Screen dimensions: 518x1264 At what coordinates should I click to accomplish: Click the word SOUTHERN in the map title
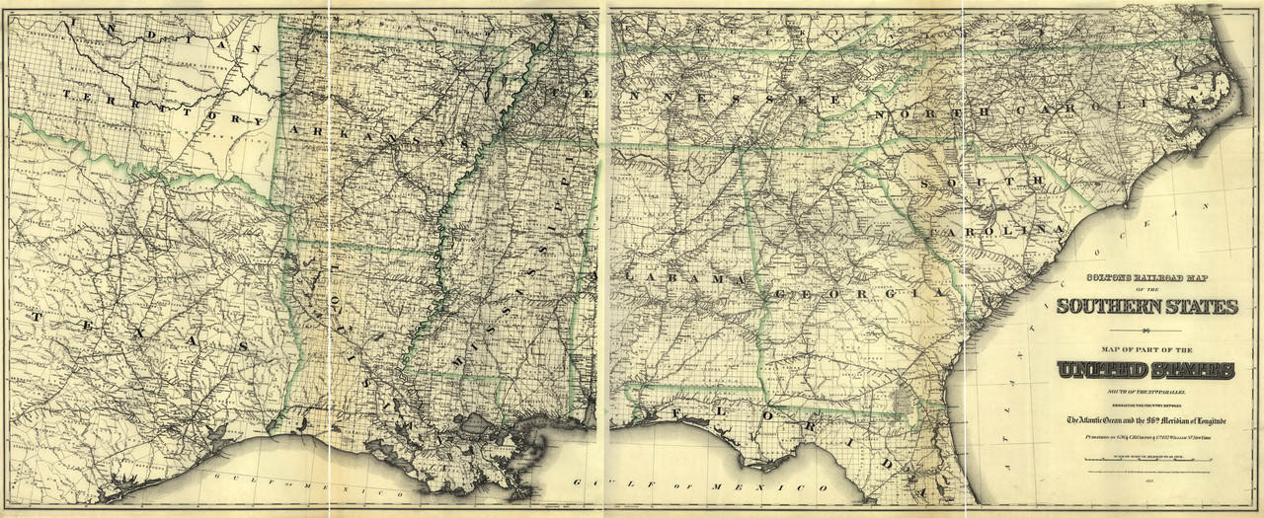(x=1104, y=306)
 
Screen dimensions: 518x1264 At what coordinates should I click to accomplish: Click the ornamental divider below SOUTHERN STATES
(x=1145, y=331)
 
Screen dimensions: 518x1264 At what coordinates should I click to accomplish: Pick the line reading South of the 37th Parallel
(x=1145, y=392)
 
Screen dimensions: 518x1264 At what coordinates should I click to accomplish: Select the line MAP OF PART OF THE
(x=1145, y=349)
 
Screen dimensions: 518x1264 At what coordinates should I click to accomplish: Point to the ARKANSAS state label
(x=385, y=137)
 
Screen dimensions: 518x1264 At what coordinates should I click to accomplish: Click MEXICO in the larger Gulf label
(x=780, y=487)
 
